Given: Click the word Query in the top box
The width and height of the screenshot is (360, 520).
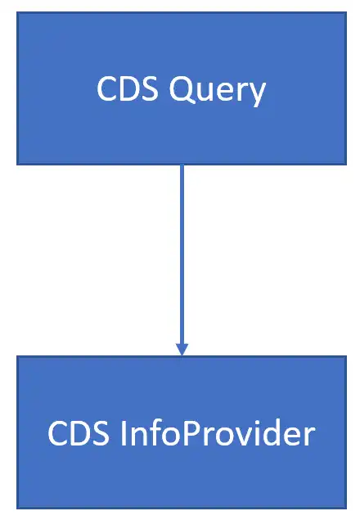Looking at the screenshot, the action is tap(218, 91).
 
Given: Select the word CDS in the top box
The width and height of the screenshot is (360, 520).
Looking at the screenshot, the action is tap(128, 88).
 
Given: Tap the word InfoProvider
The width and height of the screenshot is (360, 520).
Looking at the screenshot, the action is tap(218, 432).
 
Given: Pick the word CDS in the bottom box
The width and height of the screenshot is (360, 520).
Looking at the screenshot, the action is tap(79, 433).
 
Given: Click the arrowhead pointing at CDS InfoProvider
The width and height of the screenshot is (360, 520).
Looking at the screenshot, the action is tap(182, 350).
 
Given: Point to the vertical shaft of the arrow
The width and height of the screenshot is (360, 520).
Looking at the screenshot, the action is tap(182, 255).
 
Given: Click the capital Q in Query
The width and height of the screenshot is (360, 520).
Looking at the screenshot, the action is tap(182, 90).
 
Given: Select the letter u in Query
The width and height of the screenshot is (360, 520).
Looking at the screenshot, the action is tap(207, 92).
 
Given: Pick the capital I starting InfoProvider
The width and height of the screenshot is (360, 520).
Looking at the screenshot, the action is tap(123, 433).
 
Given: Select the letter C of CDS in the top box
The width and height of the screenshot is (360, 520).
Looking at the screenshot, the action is tap(106, 88).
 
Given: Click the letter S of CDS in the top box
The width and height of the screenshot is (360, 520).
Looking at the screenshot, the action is tap(151, 88).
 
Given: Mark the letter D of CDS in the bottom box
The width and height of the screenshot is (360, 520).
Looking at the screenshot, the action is tap(79, 433).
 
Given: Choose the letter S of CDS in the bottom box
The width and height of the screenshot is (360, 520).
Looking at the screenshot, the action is tap(101, 433).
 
